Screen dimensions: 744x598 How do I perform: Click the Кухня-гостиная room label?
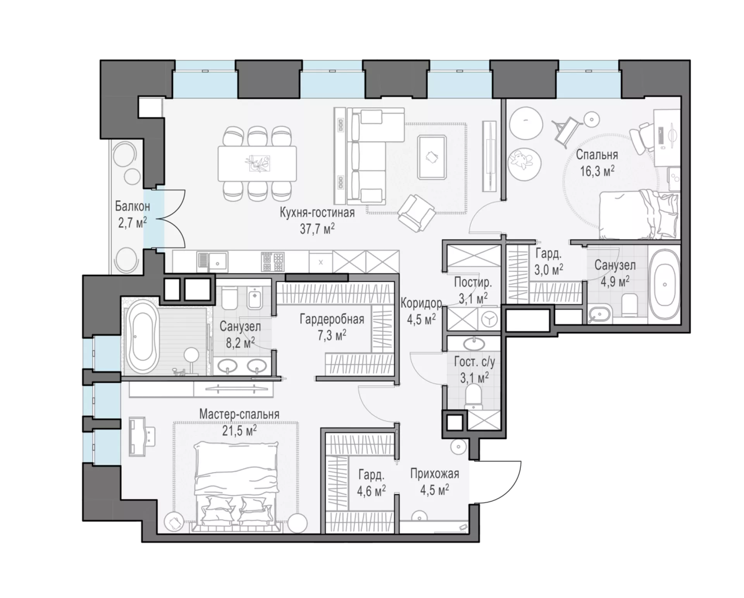[317, 213]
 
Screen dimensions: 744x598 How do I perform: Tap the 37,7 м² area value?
[317, 229]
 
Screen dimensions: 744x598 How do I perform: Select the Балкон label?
[133, 206]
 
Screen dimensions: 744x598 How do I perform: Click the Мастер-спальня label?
[239, 414]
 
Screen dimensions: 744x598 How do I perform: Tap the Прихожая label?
[435, 473]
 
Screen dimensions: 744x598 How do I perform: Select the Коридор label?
[421, 303]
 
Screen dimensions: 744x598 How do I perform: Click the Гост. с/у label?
[474, 362]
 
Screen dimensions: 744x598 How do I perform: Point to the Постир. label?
[473, 282]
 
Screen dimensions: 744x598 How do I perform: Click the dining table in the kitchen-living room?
[257, 163]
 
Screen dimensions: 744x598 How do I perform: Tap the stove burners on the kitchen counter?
[273, 262]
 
